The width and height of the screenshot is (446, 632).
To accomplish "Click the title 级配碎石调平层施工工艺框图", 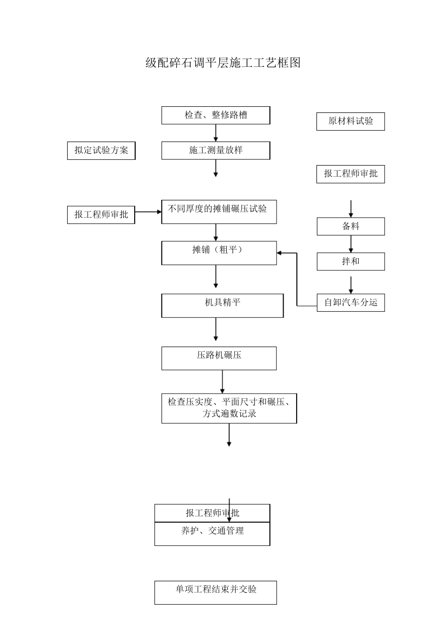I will [x=223, y=63].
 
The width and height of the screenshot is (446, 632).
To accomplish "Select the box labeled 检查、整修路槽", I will [x=215, y=115].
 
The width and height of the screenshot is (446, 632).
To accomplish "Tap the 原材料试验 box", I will [x=350, y=121].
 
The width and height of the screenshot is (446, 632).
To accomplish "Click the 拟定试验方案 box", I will [x=101, y=150].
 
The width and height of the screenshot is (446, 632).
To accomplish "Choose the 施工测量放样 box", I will [x=215, y=150].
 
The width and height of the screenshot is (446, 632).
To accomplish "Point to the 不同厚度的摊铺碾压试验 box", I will [x=219, y=212].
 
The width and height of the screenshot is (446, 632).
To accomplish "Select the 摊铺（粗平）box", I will [x=219, y=253].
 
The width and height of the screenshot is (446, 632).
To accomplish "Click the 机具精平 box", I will [x=222, y=306].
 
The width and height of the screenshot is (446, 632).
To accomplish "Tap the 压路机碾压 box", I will [x=219, y=358].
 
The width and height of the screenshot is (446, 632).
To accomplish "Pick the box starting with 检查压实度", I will [x=229, y=408].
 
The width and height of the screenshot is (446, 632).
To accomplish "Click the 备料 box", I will [x=350, y=226].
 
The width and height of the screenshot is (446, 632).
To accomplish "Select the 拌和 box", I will [x=350, y=261].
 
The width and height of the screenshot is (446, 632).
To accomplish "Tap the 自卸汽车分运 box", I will [x=350, y=302].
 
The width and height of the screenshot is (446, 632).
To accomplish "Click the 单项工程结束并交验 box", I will [x=215, y=592].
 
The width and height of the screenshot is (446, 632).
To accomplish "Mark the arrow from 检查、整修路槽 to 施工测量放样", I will [x=216, y=133].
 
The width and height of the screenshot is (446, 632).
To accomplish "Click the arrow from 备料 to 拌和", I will [x=351, y=244].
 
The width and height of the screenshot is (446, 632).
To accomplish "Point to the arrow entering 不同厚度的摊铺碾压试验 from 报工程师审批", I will [x=148, y=212].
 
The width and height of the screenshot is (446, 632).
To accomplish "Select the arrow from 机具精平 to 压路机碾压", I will [x=216, y=329].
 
